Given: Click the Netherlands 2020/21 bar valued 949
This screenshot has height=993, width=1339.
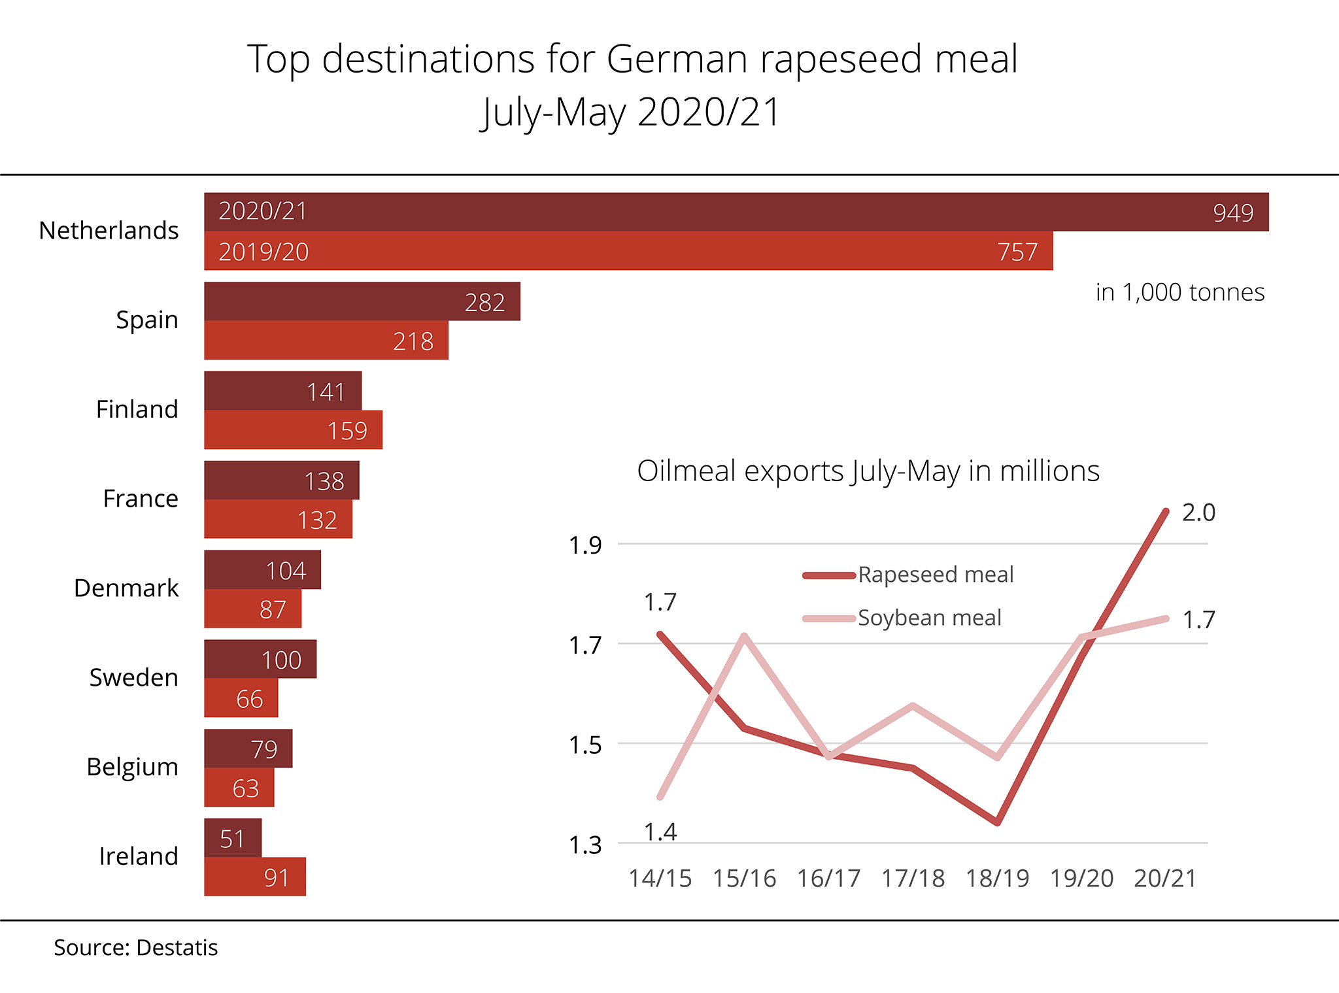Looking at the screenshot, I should click(736, 212).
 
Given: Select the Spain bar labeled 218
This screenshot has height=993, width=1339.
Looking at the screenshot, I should click(326, 341).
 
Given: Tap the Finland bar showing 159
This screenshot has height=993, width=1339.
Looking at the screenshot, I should click(293, 430).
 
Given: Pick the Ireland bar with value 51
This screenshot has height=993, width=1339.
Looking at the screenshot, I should click(233, 838).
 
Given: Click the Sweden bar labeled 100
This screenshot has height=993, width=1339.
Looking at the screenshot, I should click(260, 659).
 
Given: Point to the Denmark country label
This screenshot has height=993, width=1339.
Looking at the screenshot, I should click(126, 588).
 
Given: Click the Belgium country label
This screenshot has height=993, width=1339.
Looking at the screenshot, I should click(132, 767).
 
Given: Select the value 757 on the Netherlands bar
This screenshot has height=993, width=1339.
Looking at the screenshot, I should click(1017, 252).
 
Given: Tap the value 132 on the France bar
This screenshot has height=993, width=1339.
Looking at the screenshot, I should click(317, 520).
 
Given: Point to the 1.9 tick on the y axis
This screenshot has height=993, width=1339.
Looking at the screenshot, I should click(585, 545).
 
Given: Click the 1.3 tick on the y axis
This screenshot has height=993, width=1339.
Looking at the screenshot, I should click(585, 845).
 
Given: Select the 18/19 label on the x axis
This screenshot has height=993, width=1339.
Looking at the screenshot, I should click(997, 879).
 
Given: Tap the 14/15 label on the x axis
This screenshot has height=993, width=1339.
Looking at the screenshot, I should click(660, 879).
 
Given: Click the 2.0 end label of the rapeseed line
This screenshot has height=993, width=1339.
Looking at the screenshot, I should click(1198, 513).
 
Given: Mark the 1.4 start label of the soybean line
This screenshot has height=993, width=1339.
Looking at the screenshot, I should click(660, 832).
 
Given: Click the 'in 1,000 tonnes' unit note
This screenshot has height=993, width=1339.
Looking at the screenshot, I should click(1179, 292).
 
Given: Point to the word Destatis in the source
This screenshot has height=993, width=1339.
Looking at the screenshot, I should click(177, 948).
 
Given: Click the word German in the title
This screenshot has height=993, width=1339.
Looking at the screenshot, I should click(677, 59).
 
